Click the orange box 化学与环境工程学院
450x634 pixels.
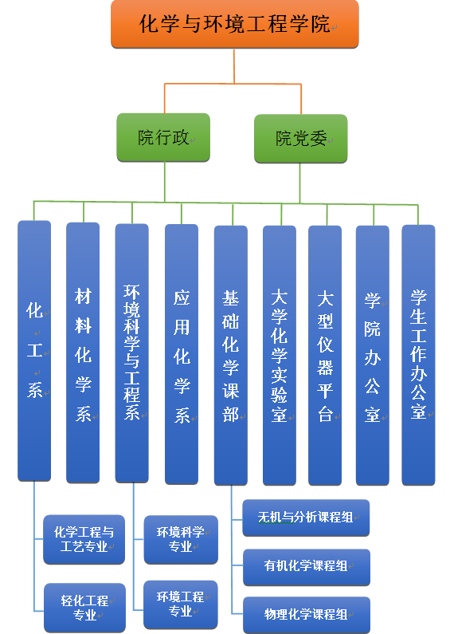click(x=235, y=24)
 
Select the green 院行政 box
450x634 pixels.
click(x=163, y=137)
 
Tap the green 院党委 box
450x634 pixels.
click(x=300, y=139)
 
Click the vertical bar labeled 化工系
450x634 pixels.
click(x=34, y=351)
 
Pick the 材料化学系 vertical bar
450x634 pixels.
click(x=83, y=352)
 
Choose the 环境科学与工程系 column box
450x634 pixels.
click(x=131, y=353)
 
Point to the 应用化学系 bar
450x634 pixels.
click(x=182, y=354)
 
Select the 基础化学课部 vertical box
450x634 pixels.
click(x=231, y=356)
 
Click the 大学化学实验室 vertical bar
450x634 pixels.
click(x=280, y=356)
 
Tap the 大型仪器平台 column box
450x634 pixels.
click(x=325, y=356)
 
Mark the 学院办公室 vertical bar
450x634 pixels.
click(x=373, y=356)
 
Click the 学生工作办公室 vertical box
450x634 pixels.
click(x=418, y=355)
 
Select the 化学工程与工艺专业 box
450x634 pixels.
click(x=84, y=539)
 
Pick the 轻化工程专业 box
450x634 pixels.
click(x=85, y=608)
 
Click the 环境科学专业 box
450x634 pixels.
click(x=181, y=539)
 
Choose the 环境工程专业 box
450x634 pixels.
click(x=181, y=604)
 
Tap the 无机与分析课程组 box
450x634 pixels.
click(x=306, y=518)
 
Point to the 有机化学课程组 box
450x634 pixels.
click(x=307, y=567)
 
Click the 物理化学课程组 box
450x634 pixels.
click(x=307, y=615)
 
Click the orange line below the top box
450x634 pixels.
click(x=234, y=66)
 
